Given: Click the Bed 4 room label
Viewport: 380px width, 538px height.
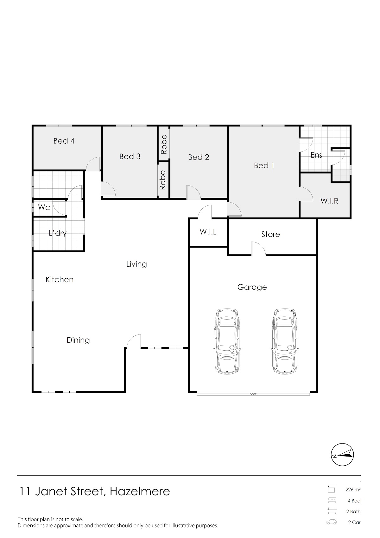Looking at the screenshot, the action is [64, 141].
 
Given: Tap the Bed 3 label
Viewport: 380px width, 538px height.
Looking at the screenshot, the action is [130, 156].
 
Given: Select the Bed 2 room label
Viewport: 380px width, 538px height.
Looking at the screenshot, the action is [199, 157].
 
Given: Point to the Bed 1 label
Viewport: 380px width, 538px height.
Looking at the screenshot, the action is [264, 165].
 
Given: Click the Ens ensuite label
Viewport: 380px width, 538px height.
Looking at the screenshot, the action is [316, 155].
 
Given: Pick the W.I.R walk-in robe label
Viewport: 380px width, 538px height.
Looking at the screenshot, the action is [329, 201].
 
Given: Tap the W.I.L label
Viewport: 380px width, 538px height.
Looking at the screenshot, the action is [208, 232].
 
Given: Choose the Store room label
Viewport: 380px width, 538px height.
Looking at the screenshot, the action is [271, 234].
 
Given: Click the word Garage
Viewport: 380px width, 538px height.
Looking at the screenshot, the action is [252, 287].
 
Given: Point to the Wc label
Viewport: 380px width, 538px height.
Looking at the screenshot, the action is [44, 207].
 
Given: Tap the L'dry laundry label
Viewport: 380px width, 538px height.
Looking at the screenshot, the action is [58, 233].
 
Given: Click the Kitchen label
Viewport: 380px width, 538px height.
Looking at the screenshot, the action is [60, 279].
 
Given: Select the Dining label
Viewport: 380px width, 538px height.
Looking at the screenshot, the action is [78, 340].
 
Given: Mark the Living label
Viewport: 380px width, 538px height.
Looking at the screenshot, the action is [136, 264].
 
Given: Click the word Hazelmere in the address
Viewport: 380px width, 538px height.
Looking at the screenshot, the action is [140, 491].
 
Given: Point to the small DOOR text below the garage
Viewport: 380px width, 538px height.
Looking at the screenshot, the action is [253, 394].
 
